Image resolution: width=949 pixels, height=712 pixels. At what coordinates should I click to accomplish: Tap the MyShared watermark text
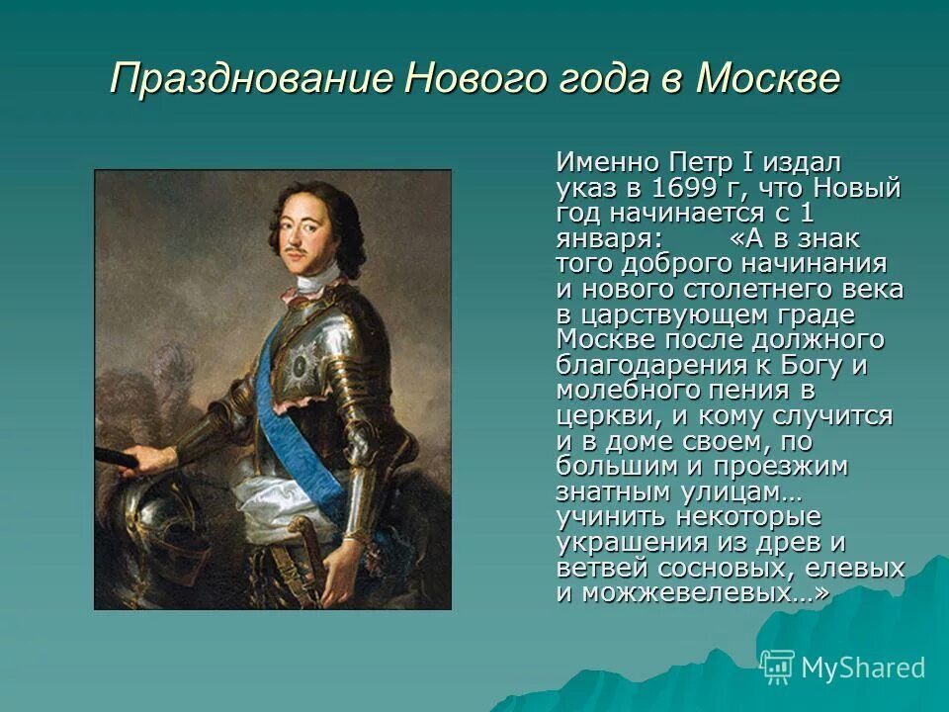tap(863, 667)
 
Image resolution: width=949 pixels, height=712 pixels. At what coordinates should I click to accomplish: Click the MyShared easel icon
tap(777, 667)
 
